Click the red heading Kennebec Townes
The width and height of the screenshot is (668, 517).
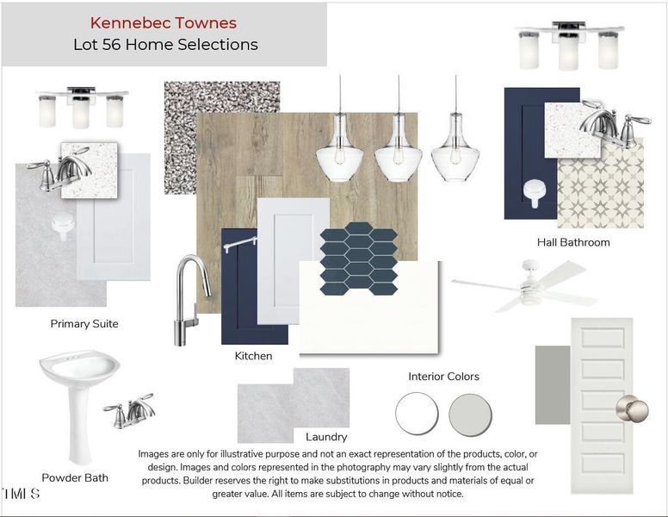pyautogui.click(x=164, y=23)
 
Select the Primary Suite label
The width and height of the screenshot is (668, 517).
pyautogui.click(x=84, y=324)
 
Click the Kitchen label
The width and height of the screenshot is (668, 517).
pyautogui.click(x=253, y=356)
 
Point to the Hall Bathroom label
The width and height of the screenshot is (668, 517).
pyautogui.click(x=573, y=242)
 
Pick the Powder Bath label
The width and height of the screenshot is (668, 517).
pyautogui.click(x=75, y=477)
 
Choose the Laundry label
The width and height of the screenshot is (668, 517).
pyautogui.click(x=326, y=437)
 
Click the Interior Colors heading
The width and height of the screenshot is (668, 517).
pyautogui.click(x=443, y=377)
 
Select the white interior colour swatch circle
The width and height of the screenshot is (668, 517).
pyautogui.click(x=417, y=414)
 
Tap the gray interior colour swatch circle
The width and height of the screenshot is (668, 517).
pyautogui.click(x=470, y=415)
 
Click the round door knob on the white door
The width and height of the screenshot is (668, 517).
pyautogui.click(x=633, y=409)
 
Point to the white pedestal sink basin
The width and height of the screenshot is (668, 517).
pyautogui.click(x=80, y=367)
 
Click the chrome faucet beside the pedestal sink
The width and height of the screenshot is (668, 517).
pyautogui.click(x=129, y=410)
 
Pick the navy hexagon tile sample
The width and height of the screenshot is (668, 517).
pyautogui.click(x=359, y=258)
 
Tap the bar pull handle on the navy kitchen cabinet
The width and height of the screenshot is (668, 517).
pyautogui.click(x=240, y=244)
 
